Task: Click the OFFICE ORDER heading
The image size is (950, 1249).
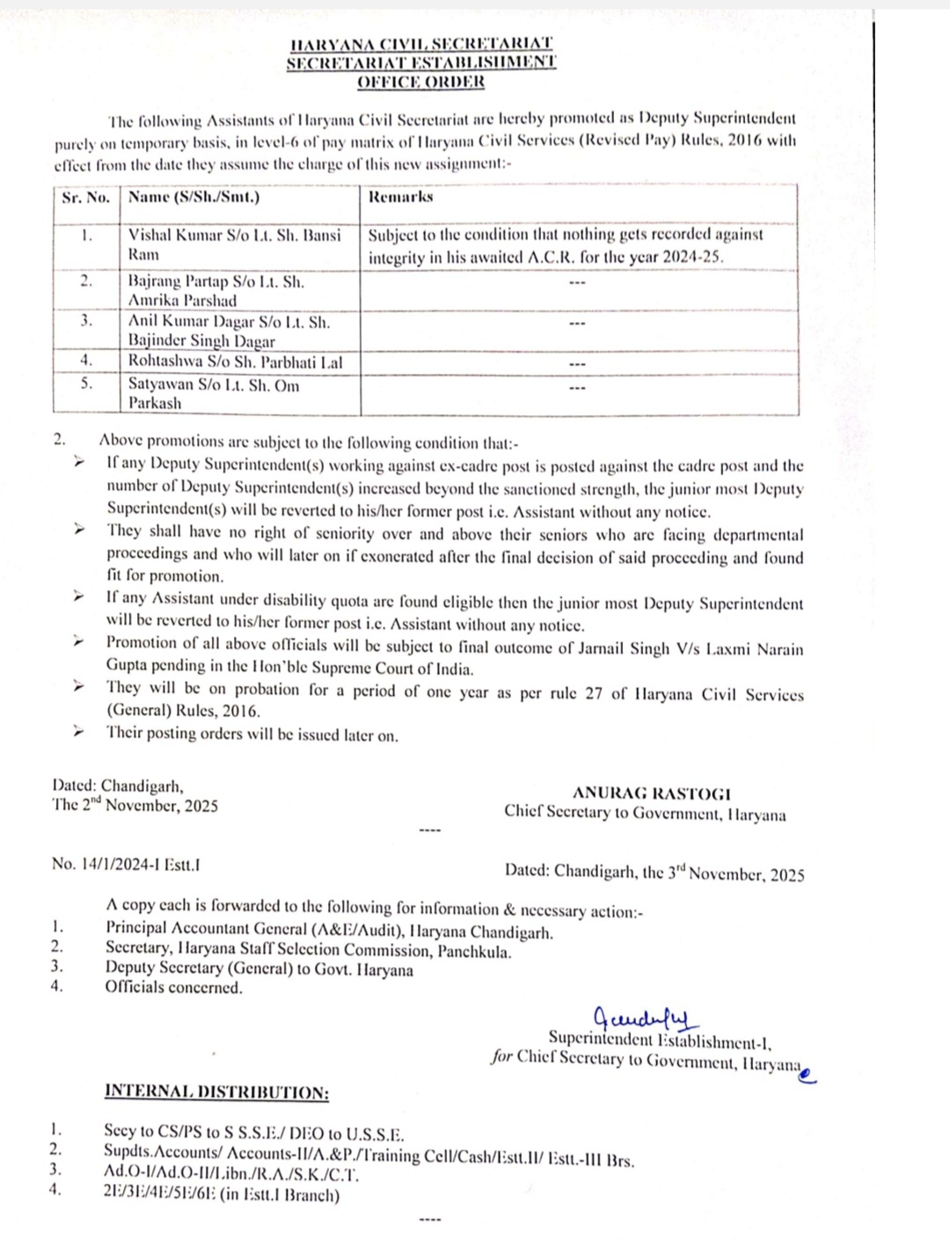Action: tap(420, 82)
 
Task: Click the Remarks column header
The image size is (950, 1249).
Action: tap(400, 197)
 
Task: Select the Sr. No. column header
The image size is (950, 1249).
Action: tap(86, 197)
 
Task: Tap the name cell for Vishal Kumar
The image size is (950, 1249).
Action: tap(234, 245)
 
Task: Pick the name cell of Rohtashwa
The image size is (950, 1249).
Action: tap(235, 362)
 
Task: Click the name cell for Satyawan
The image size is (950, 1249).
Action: tap(214, 394)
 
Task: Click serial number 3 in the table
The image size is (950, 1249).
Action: tap(86, 321)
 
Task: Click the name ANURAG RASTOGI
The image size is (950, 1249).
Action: tap(651, 793)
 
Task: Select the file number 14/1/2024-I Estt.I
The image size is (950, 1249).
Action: tap(126, 864)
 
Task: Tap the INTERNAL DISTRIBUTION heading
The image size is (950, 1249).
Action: tap(216, 1092)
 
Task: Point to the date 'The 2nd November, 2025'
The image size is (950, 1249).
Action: tap(135, 806)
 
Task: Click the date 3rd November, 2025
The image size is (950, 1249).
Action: tap(735, 873)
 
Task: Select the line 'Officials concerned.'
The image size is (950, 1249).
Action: tap(173, 987)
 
